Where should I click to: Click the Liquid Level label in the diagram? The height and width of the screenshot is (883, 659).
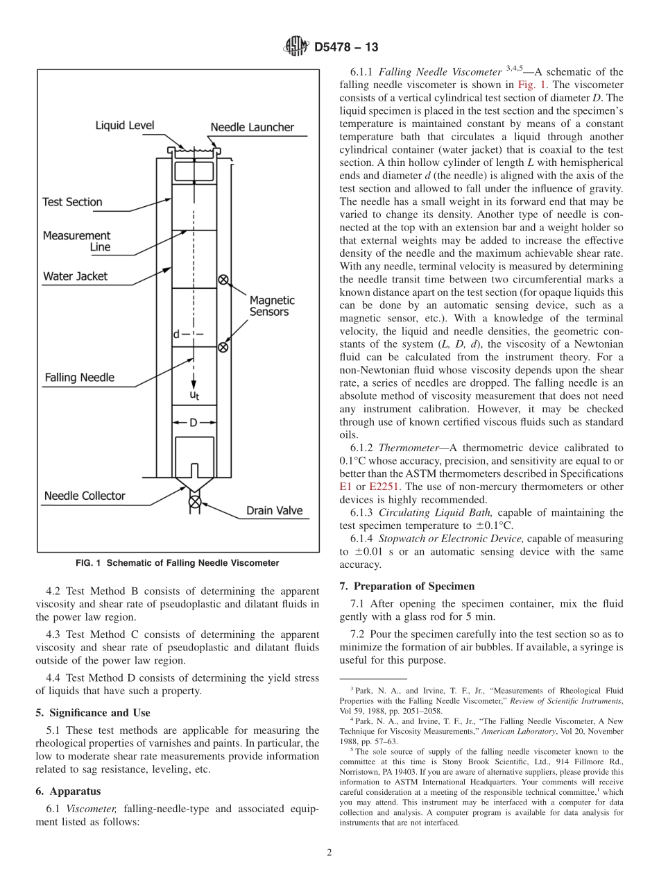click(x=125, y=126)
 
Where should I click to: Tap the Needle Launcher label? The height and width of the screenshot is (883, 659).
click(x=252, y=127)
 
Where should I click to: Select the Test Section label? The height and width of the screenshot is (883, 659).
click(x=72, y=202)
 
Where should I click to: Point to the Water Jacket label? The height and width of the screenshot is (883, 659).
click(x=75, y=276)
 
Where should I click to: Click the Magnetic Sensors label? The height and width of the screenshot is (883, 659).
click(x=272, y=306)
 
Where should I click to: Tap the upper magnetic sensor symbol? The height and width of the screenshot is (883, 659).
click(x=223, y=280)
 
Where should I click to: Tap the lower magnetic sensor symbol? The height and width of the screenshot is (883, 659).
click(x=223, y=346)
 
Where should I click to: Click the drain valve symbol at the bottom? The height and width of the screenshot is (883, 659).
click(x=195, y=501)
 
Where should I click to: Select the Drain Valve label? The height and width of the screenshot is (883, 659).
click(x=274, y=511)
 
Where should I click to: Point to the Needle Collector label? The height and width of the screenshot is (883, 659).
click(x=85, y=496)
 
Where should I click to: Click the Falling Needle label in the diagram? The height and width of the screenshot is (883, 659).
click(x=79, y=378)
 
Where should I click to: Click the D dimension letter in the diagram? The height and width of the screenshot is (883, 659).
click(x=194, y=422)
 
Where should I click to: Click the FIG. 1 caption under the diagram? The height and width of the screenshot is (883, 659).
click(x=177, y=563)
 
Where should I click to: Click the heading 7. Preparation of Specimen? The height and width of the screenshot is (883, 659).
click(x=406, y=586)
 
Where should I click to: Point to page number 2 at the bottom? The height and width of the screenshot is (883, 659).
click(x=329, y=853)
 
